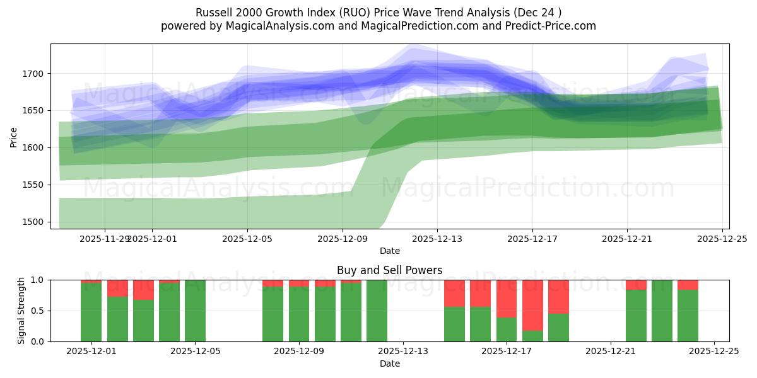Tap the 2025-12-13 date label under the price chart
coord(437,239)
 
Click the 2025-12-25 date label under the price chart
coord(722,239)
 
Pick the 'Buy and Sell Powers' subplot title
coord(389,270)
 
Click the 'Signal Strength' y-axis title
coord(21,311)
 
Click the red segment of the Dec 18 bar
coord(532,305)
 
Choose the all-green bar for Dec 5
coord(195,311)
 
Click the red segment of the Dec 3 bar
coord(143,289)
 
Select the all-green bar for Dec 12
coord(377,311)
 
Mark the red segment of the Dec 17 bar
coord(507,298)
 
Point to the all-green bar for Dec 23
coord(662,311)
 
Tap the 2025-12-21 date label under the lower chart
coord(611,352)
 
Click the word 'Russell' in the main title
coord(214,13)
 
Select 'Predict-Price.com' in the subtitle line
coord(548,26)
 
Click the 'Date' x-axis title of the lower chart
coord(389,364)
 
